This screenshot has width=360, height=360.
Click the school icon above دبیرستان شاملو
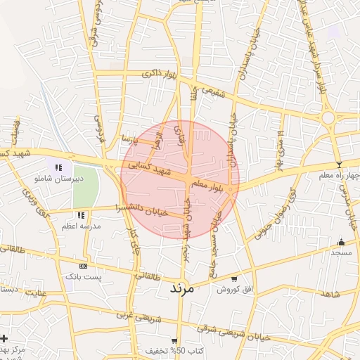coord(58,167)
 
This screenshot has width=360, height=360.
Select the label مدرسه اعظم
coord(82,226)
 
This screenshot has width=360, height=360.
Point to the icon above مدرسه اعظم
coord(82,214)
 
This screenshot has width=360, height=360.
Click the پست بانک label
coord(84,277)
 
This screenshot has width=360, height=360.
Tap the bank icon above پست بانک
coord(84,266)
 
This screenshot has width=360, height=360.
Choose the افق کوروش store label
coord(234,289)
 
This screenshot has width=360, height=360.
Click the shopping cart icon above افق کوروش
coord(234,278)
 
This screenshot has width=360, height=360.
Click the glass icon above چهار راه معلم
coord(340,164)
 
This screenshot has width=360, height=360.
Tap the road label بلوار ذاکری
coord(158,73)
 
